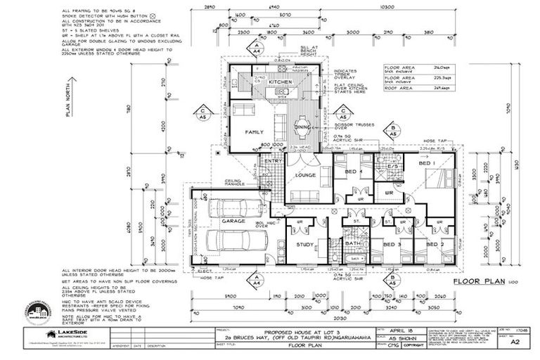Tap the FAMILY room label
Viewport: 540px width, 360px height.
click(254, 132)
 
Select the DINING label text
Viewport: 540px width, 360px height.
click(302, 127)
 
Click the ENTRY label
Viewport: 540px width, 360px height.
click(271, 161)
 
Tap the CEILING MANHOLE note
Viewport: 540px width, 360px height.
click(235, 182)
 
